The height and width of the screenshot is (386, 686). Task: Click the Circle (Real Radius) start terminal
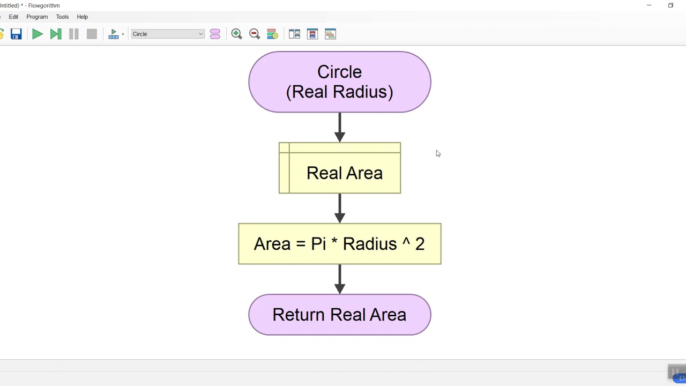(339, 82)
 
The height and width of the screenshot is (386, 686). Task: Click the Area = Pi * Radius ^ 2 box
(340, 244)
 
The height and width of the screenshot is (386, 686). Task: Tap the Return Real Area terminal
(339, 315)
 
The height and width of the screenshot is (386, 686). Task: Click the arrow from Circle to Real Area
(340, 128)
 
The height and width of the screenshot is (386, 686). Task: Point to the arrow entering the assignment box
(340, 209)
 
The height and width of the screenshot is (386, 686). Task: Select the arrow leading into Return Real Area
(340, 279)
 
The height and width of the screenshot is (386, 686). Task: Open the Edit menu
(13, 17)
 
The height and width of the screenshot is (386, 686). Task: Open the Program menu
(37, 17)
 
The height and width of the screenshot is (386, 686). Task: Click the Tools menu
(62, 17)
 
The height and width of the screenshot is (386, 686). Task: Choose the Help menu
(82, 17)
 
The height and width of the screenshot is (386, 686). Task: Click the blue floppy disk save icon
(16, 34)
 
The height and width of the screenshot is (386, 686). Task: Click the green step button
(56, 34)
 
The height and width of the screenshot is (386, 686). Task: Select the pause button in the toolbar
(74, 34)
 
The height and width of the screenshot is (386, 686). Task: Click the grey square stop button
(92, 34)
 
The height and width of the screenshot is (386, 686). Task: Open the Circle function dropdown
(168, 34)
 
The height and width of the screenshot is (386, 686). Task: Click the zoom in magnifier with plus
(236, 34)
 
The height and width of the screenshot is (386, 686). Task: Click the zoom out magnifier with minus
(255, 34)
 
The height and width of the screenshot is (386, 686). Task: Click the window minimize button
(648, 5)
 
